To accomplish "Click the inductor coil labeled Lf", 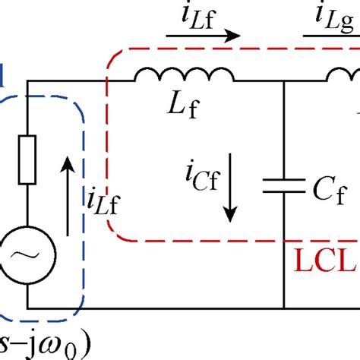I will (x=185, y=76).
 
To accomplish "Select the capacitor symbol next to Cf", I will (x=283, y=187).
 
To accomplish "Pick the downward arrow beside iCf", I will (x=226, y=197).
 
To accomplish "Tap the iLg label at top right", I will (x=331, y=14).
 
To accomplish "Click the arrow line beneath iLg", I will (x=332, y=35).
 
